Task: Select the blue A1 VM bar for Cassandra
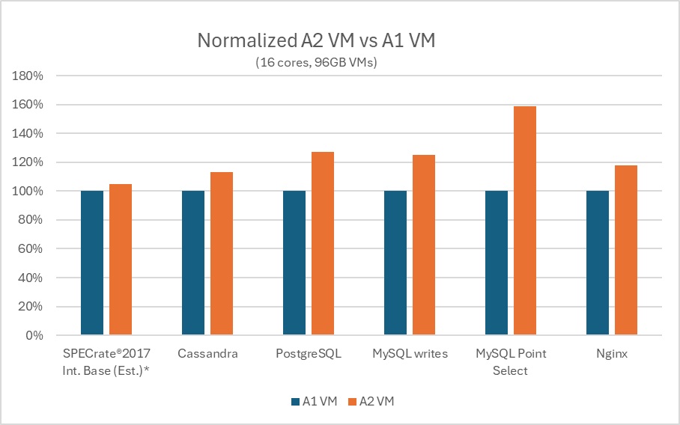point(193,263)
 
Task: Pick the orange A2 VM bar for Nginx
point(626,250)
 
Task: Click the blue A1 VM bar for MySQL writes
point(395,263)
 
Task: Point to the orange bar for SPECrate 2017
point(121,260)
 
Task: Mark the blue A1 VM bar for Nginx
point(598,263)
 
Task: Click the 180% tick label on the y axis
point(28,76)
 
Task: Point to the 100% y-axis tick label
point(28,192)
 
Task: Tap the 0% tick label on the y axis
point(34,336)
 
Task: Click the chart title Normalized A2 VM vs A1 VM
point(315,40)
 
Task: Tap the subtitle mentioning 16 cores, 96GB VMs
point(315,63)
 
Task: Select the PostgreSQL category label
point(309,354)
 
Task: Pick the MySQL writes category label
point(410,354)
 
